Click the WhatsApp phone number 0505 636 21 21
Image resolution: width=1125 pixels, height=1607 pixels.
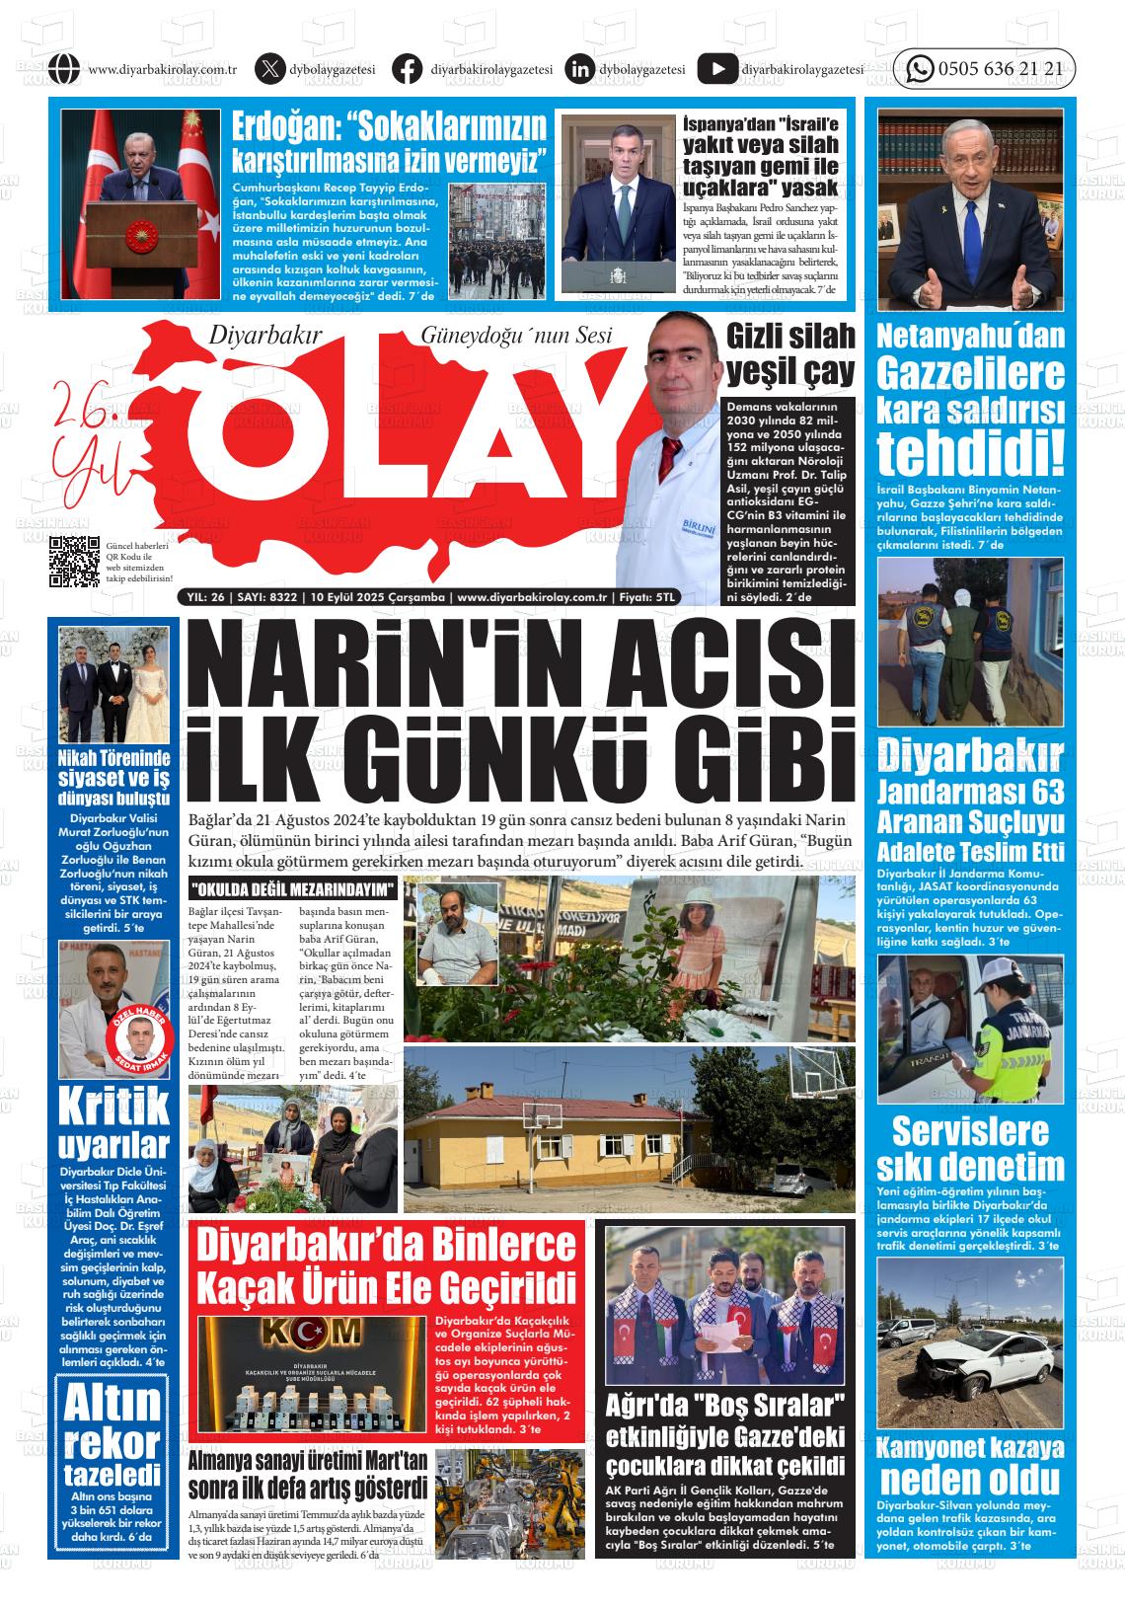[1000, 69]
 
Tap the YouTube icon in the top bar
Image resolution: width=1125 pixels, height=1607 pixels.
[716, 69]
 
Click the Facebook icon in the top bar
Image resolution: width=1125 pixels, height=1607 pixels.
[407, 69]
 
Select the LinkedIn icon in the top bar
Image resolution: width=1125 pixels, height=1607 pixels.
[580, 69]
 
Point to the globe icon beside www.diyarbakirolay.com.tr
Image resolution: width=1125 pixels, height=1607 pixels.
[63, 69]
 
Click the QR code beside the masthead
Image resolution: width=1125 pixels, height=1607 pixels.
[75, 561]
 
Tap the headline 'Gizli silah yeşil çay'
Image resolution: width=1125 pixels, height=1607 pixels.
[790, 353]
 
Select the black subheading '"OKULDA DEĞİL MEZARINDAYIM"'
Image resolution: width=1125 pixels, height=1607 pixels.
[292, 889]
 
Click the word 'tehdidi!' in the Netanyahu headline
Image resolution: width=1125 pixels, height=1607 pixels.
[971, 453]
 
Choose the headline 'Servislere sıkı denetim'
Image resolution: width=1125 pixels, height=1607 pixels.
[970, 1148]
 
